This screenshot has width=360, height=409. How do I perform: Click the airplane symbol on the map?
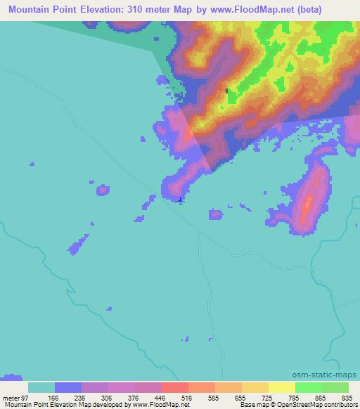click(181, 201)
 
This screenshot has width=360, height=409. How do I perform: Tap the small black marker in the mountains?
click(226, 91)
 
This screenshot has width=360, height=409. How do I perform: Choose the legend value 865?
click(320, 397)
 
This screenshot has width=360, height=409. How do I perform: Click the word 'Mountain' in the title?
click(27, 8)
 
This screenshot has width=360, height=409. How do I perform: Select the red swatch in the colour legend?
click(174, 387)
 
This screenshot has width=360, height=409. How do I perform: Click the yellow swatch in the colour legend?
click(281, 387)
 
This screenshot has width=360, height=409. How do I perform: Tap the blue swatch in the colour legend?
click(68, 387)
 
